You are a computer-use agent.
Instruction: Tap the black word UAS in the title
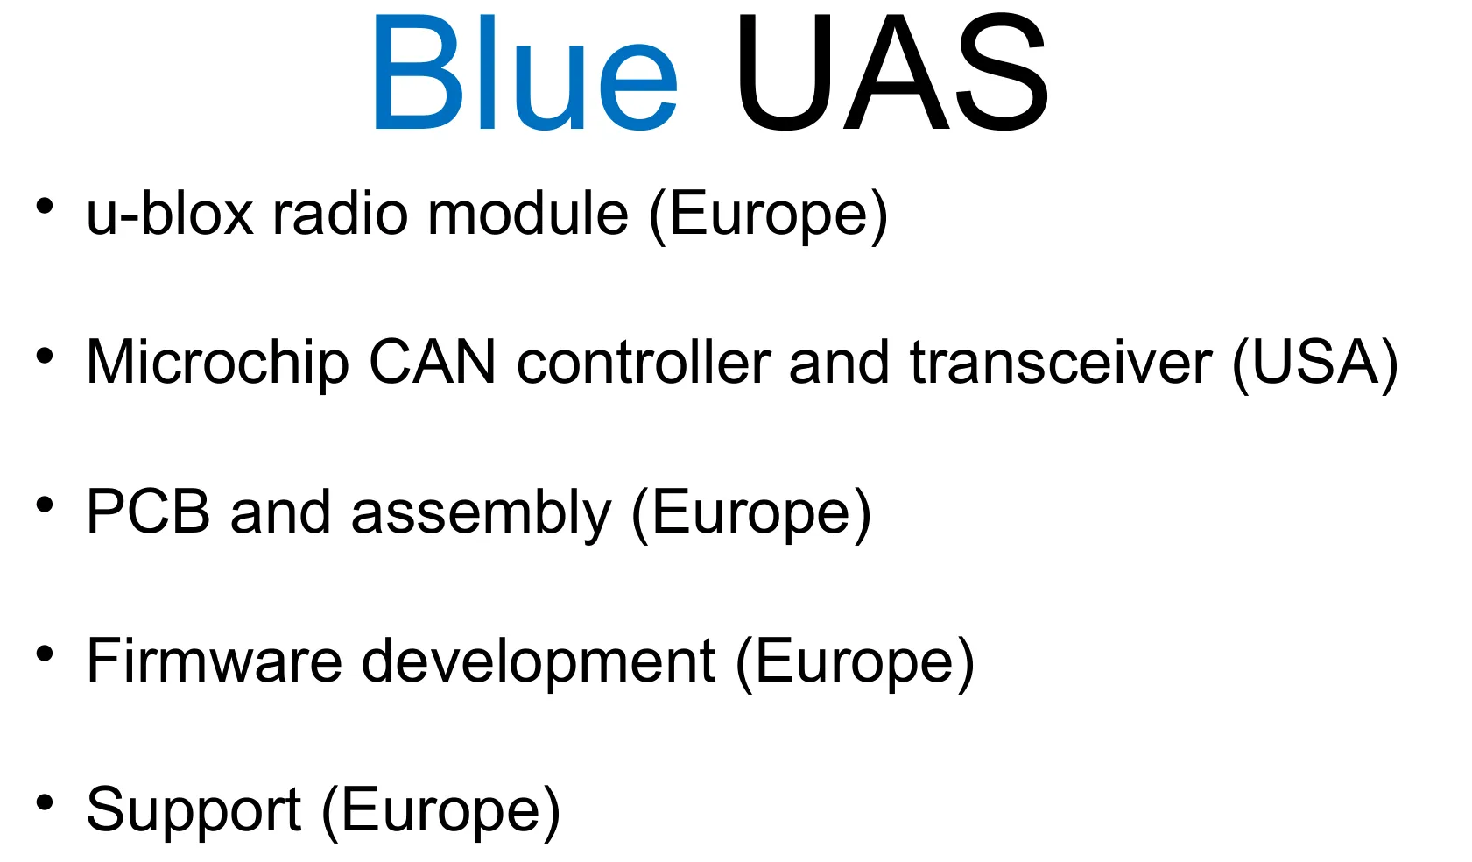pos(891,74)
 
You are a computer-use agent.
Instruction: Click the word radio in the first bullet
pos(340,214)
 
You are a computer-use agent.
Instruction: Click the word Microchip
pos(217,363)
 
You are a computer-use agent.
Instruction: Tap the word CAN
pos(432,363)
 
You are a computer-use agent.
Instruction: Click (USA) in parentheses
pos(1314,364)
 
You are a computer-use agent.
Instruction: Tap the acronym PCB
pos(148,512)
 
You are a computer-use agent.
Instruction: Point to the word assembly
pos(481,513)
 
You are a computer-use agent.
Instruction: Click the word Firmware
pos(214,661)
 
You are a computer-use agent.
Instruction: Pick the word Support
pos(194,811)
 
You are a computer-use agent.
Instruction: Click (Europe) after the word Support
pos(440,811)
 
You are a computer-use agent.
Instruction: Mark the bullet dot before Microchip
pos(45,356)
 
